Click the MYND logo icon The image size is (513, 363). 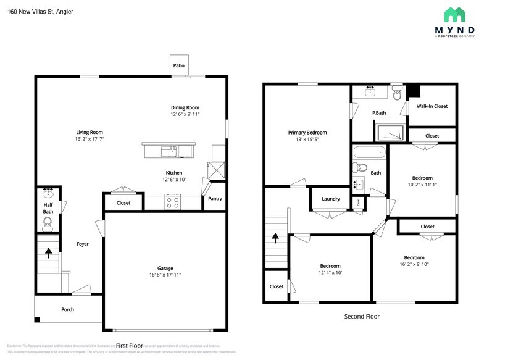click(x=456, y=15)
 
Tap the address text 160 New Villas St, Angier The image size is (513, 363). click(x=40, y=11)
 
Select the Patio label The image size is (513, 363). click(x=178, y=65)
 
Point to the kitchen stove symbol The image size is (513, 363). click(x=173, y=201)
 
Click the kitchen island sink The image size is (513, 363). click(x=169, y=150)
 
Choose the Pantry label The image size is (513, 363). click(x=215, y=199)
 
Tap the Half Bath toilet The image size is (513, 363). click(x=48, y=223)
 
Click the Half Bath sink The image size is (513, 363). click(x=48, y=191)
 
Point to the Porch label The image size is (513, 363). click(x=67, y=309)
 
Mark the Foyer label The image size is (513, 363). click(x=82, y=244)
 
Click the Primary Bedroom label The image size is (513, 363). click(x=307, y=133)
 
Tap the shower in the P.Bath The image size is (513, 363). click(x=391, y=132)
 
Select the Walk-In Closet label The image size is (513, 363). click(x=432, y=106)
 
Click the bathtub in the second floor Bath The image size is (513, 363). click(x=369, y=152)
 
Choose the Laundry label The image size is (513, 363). click(x=331, y=199)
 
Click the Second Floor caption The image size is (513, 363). click(x=362, y=316)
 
